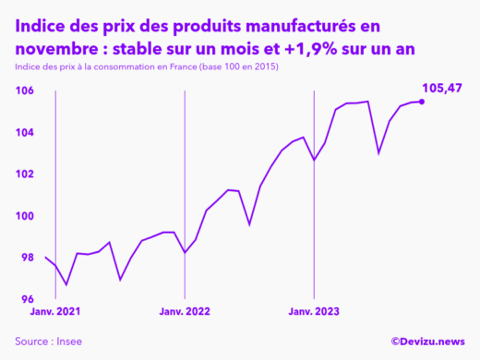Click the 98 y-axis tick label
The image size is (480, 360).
[x=28, y=258]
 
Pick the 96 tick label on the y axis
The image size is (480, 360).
[x=28, y=299]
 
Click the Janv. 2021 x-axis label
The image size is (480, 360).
[x=54, y=314]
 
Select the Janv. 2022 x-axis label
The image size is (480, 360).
[x=185, y=314]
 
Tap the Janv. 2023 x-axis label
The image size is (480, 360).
[x=314, y=314]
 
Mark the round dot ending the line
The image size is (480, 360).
[x=423, y=101]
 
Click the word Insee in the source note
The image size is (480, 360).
[x=67, y=342]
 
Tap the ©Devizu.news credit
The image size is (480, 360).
[x=427, y=342]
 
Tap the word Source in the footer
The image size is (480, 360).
[x=33, y=342]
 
